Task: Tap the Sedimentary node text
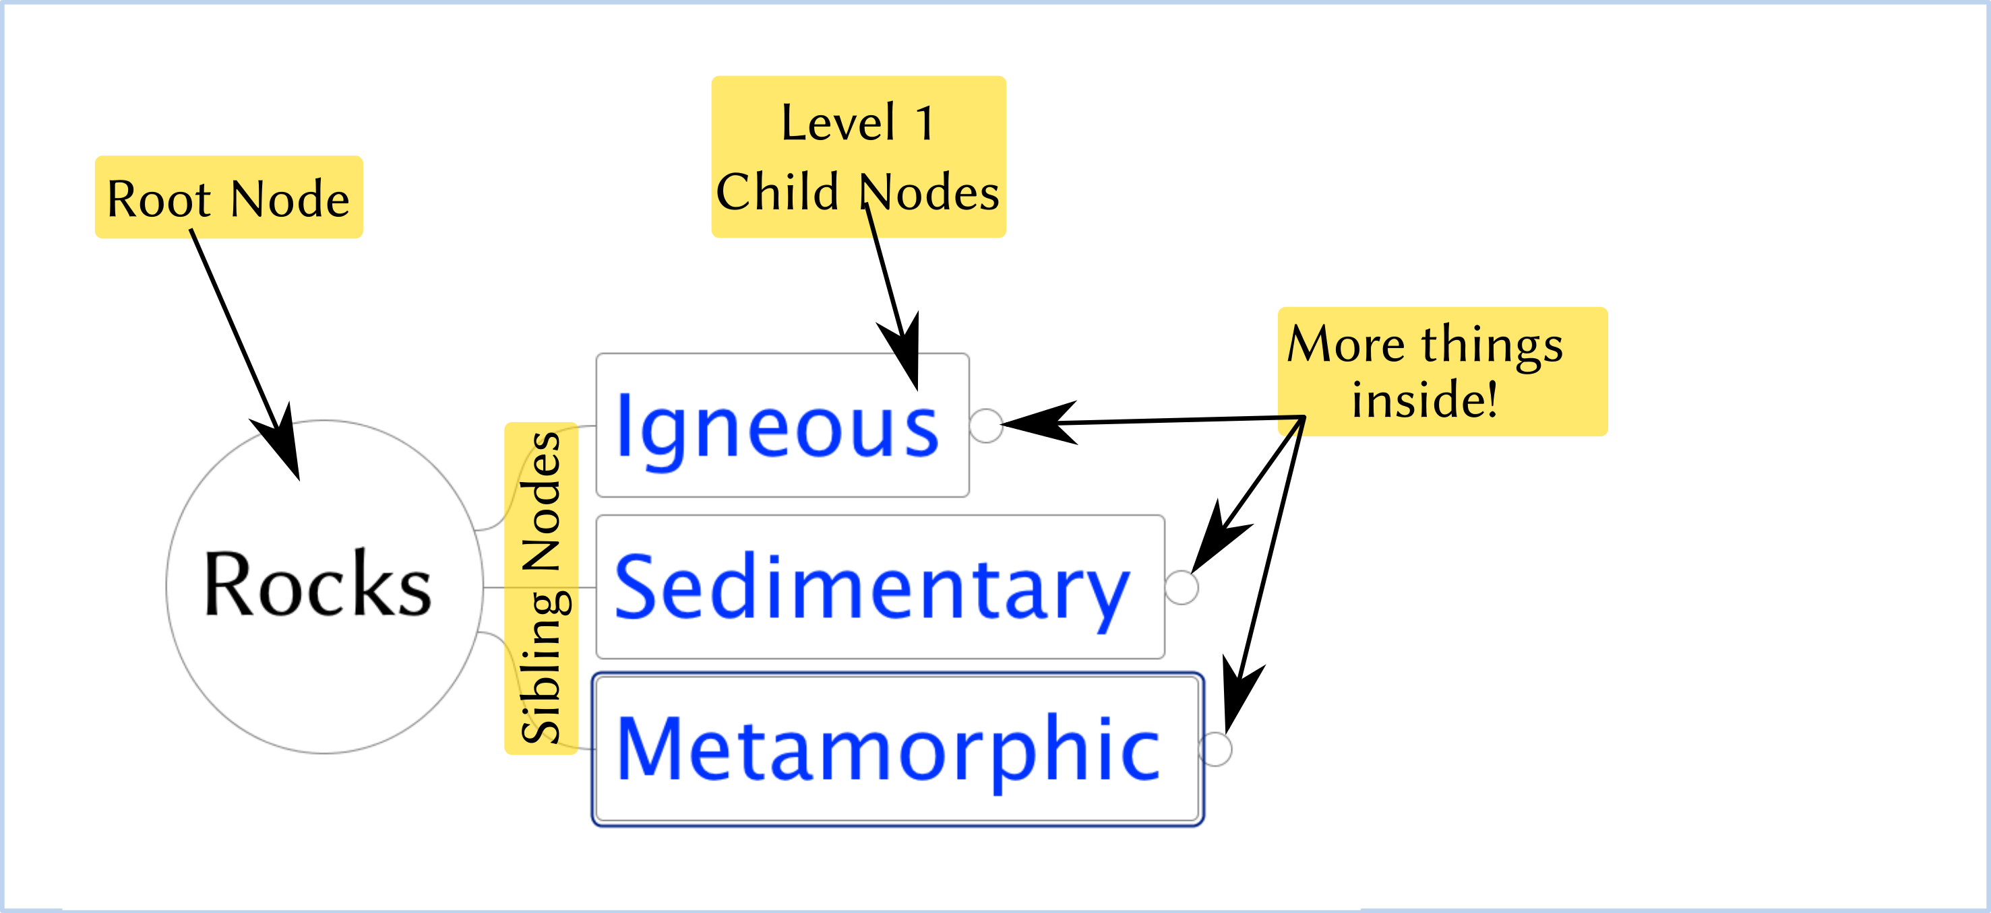871,589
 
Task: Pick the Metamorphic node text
888,749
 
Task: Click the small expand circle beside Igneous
986,426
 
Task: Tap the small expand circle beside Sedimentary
1181,587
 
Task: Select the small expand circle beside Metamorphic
1216,749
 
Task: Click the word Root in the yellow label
158,199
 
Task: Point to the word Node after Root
290,199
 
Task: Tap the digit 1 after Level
925,124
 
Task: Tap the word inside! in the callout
1424,399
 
